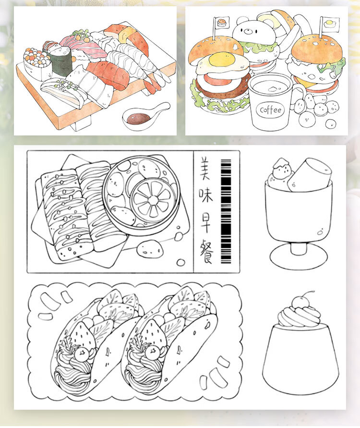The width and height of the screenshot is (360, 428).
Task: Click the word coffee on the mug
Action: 270,110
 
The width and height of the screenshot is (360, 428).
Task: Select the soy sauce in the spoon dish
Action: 139,118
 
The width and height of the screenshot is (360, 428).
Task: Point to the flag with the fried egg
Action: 330,24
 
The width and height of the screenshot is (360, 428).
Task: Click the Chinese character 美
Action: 205,168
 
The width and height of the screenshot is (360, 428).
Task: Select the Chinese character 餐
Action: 206,251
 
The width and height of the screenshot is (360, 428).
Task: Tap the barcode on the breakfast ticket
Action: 226,211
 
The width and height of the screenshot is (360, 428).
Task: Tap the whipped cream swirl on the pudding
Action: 300,316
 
